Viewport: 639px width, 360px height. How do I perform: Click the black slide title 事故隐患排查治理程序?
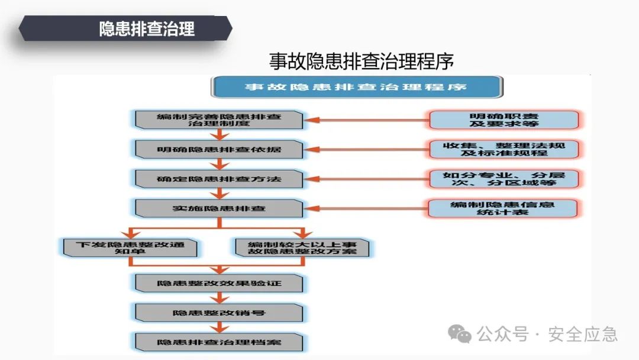click(361, 62)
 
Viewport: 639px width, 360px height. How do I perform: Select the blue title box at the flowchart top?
click(357, 87)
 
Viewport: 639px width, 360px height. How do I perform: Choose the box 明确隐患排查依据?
click(219, 149)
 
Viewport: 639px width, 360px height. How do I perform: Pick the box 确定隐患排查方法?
click(219, 178)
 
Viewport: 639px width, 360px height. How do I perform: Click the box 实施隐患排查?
click(219, 208)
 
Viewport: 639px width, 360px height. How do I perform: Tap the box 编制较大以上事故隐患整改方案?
click(302, 247)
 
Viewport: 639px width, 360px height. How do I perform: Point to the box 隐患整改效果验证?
click(219, 283)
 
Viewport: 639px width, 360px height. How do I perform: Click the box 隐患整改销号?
click(219, 312)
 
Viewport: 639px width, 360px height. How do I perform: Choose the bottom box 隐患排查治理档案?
click(219, 342)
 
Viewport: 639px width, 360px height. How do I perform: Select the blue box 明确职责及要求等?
click(504, 120)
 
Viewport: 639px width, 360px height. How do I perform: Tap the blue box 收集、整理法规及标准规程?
click(504, 149)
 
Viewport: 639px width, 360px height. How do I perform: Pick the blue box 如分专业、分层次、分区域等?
click(504, 179)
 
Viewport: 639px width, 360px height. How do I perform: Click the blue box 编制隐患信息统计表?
click(504, 208)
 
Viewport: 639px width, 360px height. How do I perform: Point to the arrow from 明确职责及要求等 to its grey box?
click(367, 120)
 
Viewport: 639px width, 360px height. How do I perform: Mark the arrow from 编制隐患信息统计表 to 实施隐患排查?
click(367, 208)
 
